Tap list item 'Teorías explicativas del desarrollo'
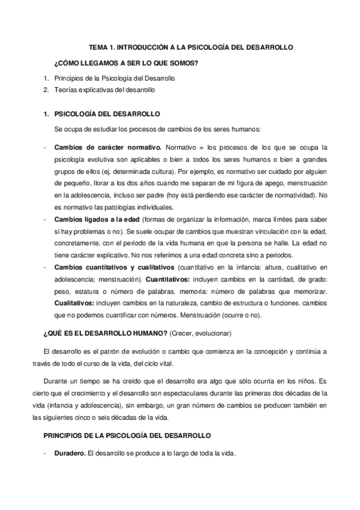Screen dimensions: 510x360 [x=105, y=90]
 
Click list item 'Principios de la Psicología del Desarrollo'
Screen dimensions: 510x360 [x=115, y=78]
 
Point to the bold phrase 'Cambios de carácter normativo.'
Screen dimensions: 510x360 [x=108, y=147]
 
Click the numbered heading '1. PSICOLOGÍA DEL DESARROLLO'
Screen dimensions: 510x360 [x=102, y=114]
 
